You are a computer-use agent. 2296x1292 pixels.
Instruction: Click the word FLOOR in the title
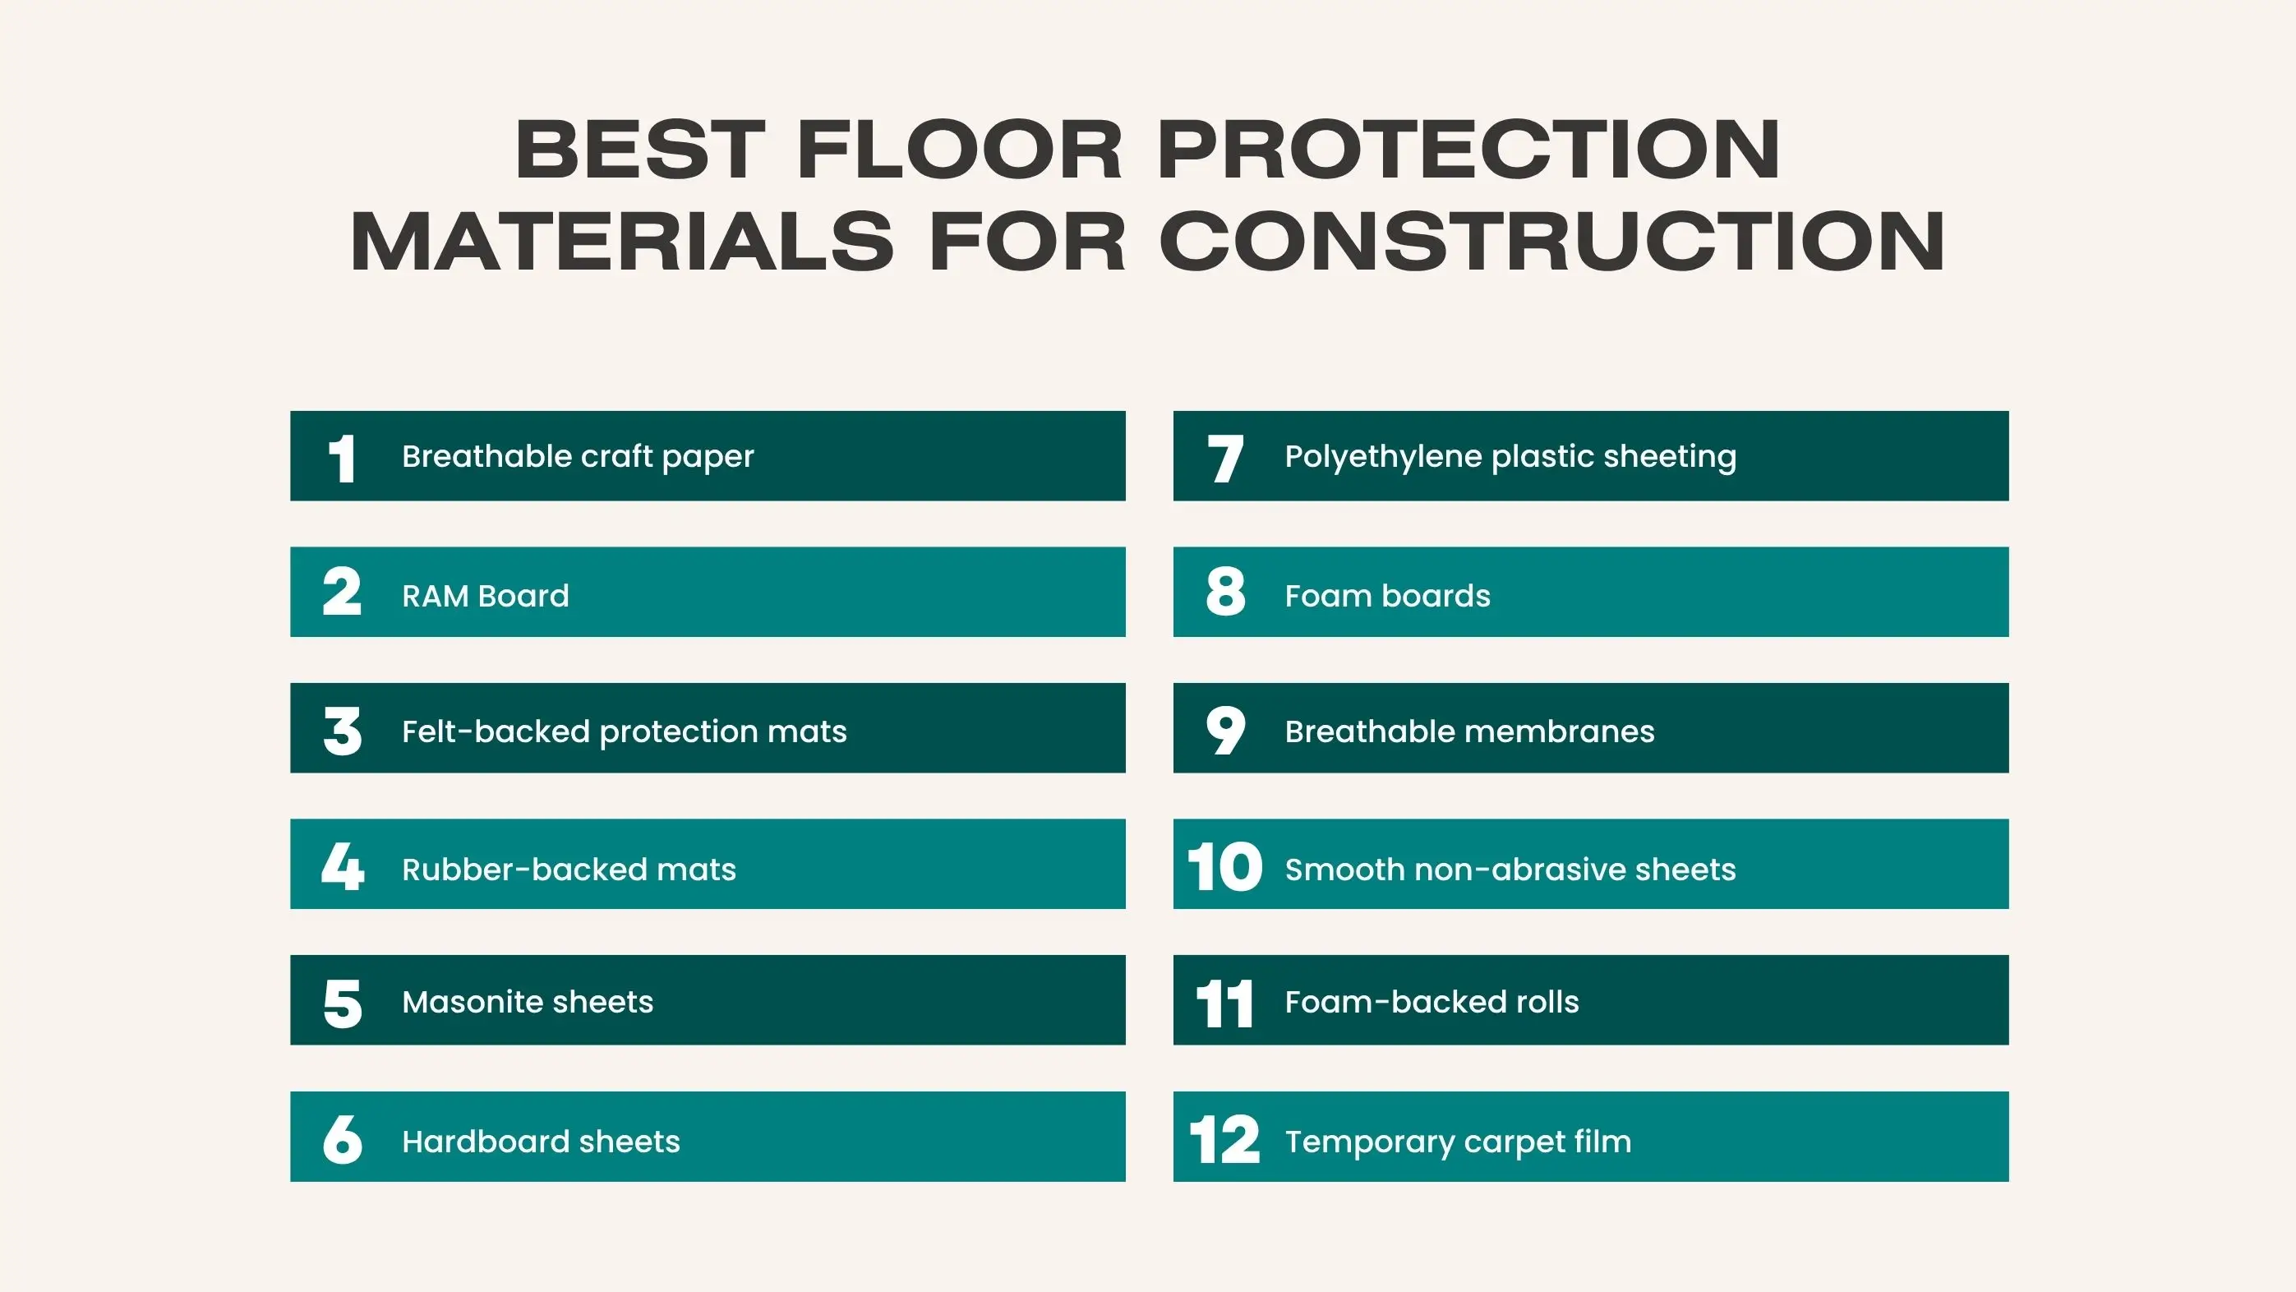pos(959,149)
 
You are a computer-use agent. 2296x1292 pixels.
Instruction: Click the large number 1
pos(342,459)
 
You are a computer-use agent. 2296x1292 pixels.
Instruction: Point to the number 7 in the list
pos(1224,459)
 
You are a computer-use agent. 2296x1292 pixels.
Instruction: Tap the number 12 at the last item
pos(1224,1139)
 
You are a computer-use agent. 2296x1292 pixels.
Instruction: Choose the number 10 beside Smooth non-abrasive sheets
pos(1224,867)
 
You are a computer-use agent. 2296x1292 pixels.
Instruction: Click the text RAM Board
pos(486,596)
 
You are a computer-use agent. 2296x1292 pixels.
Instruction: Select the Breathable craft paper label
pos(578,456)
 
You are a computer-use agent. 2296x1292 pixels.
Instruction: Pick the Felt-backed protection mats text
pos(624,731)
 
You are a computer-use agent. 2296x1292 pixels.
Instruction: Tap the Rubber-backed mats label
pos(569,870)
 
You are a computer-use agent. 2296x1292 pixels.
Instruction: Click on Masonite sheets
pos(528,1002)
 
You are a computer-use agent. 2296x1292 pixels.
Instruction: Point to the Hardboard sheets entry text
pos(541,1142)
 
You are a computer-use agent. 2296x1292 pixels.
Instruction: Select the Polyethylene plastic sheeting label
pos(1510,456)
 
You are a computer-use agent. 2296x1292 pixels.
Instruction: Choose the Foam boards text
pos(1388,596)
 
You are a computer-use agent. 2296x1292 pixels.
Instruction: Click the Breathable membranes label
pos(1470,731)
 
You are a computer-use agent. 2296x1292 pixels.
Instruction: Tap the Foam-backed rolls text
pos(1432,1002)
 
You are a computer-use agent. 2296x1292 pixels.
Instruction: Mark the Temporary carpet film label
pos(1458,1142)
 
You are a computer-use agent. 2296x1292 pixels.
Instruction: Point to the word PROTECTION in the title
pos(1468,149)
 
